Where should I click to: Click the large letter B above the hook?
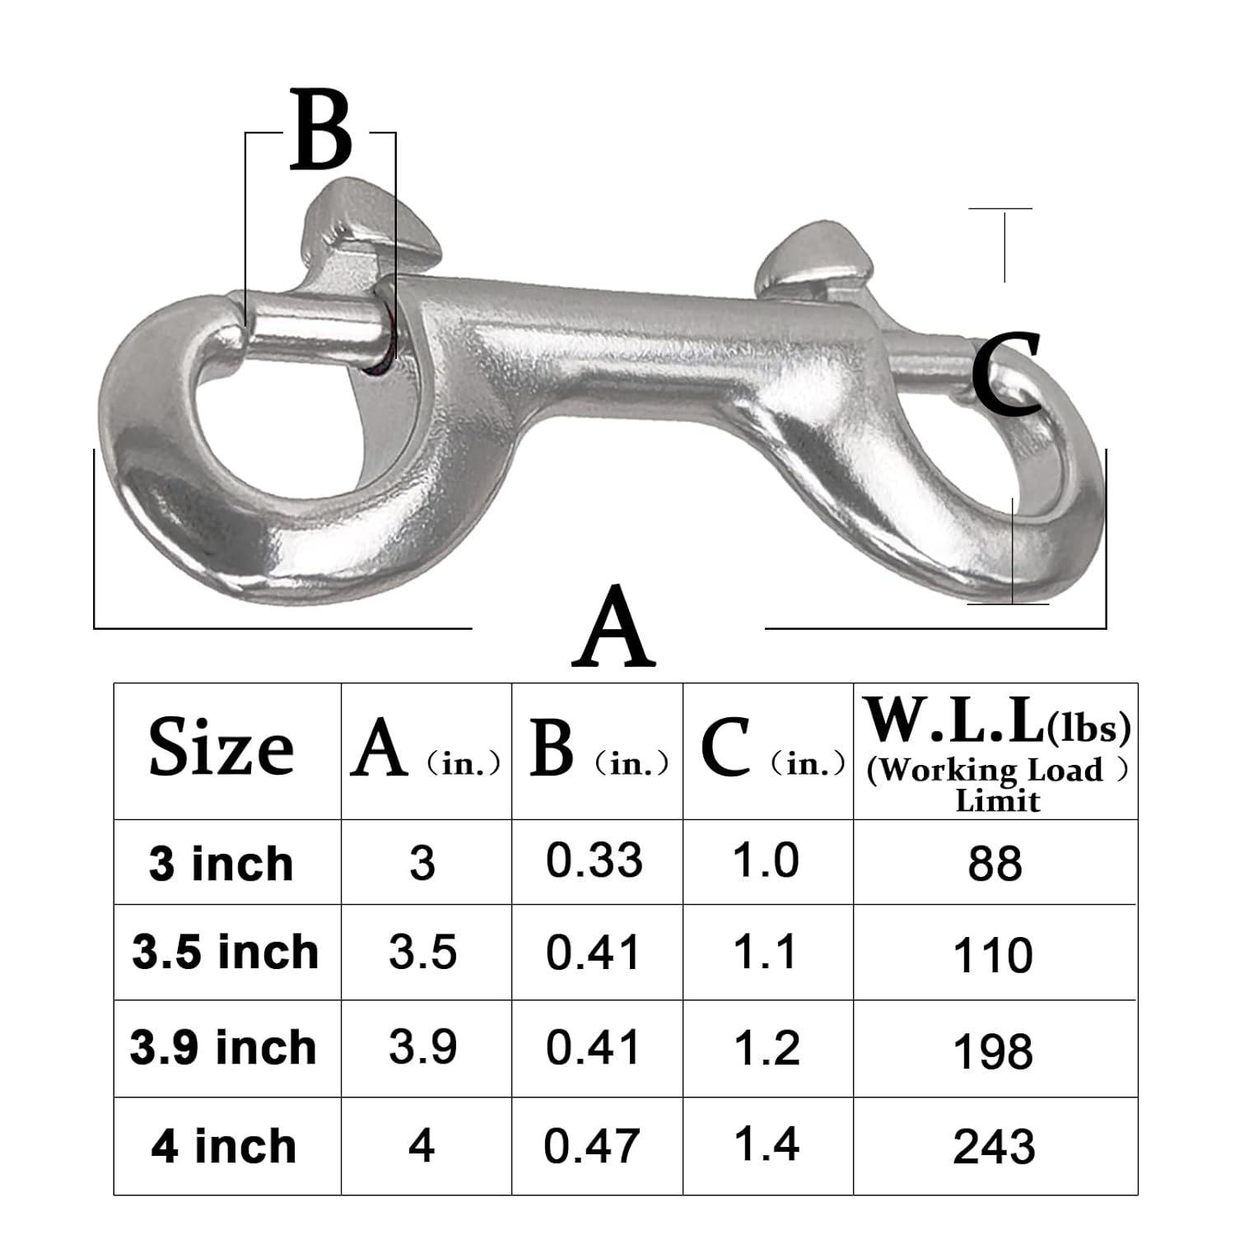322,132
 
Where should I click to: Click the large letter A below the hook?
614,628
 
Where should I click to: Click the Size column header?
221,748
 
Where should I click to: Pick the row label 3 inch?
221,864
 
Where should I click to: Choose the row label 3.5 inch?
225,952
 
